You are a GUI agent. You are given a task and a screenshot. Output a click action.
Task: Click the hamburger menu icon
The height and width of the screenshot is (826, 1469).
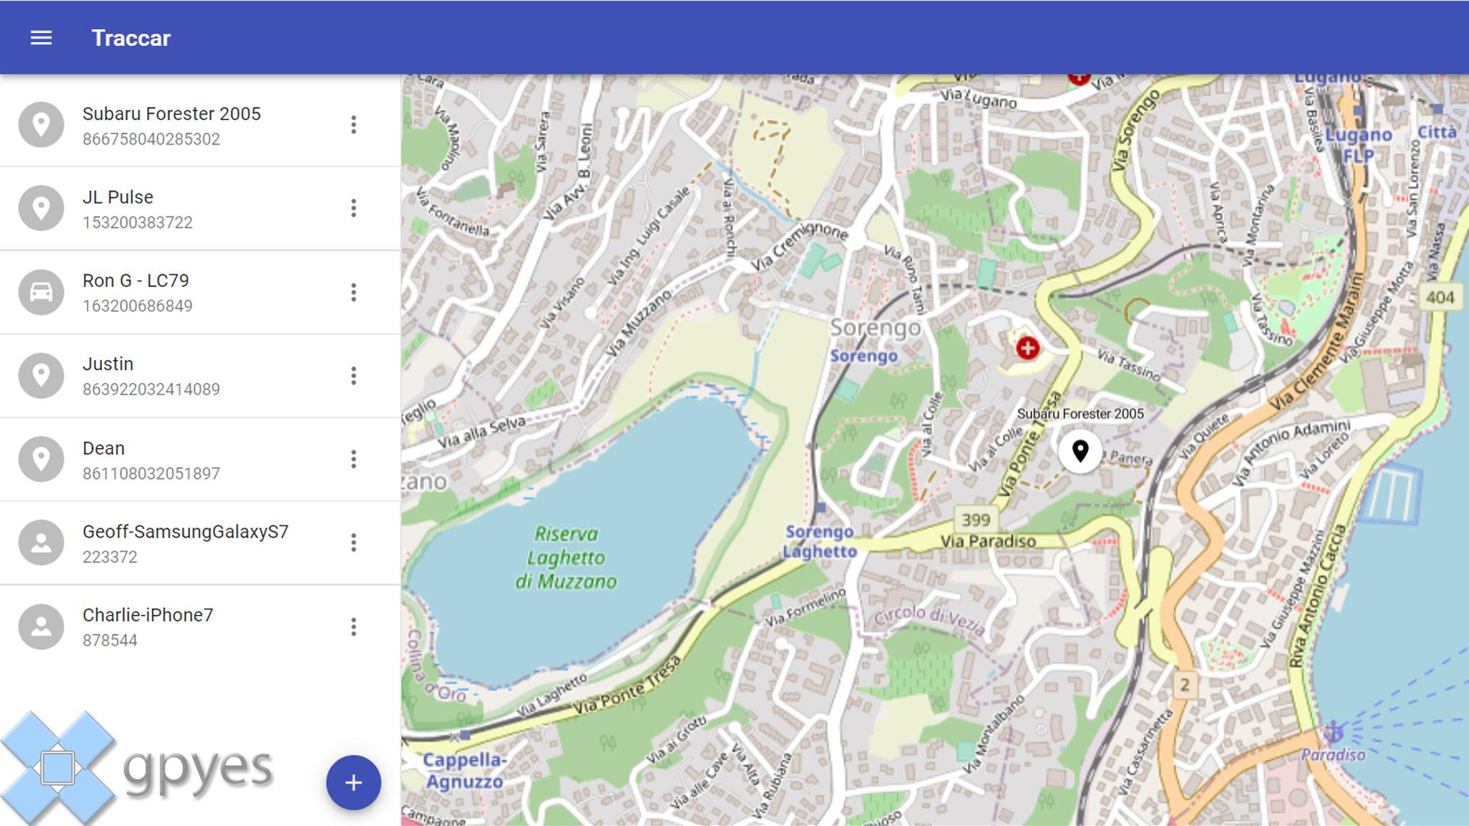coord(41,37)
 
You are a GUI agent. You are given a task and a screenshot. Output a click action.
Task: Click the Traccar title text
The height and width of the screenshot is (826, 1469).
coord(131,38)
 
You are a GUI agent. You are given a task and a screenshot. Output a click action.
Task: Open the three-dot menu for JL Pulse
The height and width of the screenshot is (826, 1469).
coord(353,208)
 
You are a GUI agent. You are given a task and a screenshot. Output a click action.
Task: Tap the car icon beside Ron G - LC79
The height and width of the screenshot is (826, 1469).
coord(41,292)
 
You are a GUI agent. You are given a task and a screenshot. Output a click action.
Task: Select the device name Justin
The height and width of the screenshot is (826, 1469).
coord(108,364)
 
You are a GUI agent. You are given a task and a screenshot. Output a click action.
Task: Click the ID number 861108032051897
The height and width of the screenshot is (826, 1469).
coord(151,473)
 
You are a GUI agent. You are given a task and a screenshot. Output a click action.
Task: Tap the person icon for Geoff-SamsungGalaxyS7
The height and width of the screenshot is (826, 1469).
coord(41,542)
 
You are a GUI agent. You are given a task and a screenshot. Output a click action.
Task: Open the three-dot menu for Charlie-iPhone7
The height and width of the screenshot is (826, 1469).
coord(353,626)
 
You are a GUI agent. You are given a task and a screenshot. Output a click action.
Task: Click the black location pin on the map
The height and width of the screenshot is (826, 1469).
coord(1080,450)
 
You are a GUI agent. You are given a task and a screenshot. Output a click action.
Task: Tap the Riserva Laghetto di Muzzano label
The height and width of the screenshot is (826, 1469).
coord(566,558)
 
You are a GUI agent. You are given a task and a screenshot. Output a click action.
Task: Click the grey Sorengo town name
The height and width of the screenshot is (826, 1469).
coord(875,328)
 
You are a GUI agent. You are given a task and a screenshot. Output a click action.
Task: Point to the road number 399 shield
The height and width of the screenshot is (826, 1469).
coord(976,520)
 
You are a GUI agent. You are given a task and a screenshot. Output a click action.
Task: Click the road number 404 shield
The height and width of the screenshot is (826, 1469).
coord(1440,297)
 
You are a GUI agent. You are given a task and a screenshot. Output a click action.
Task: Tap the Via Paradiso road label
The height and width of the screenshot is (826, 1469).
coord(988,541)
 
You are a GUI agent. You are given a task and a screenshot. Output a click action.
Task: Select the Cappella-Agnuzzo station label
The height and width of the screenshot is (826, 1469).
coord(464,770)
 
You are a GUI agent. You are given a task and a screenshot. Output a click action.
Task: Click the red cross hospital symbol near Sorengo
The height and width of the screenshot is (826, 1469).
coord(1028,349)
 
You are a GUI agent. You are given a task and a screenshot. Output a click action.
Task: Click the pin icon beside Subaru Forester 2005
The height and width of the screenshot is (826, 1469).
coord(41,125)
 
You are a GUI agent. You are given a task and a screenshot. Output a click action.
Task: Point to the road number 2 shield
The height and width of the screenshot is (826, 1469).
coord(1184,685)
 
